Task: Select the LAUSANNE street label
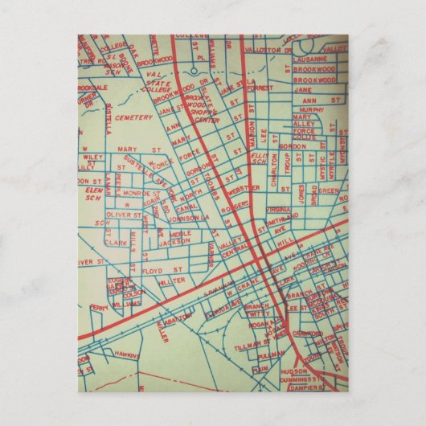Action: pyautogui.click(x=310, y=59)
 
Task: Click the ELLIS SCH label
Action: pyautogui.click(x=258, y=156)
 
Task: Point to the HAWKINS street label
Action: pyautogui.click(x=127, y=354)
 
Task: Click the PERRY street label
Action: pyautogui.click(x=99, y=307)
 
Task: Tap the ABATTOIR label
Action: pyautogui.click(x=178, y=317)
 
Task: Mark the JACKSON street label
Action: pyautogui.click(x=174, y=241)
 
